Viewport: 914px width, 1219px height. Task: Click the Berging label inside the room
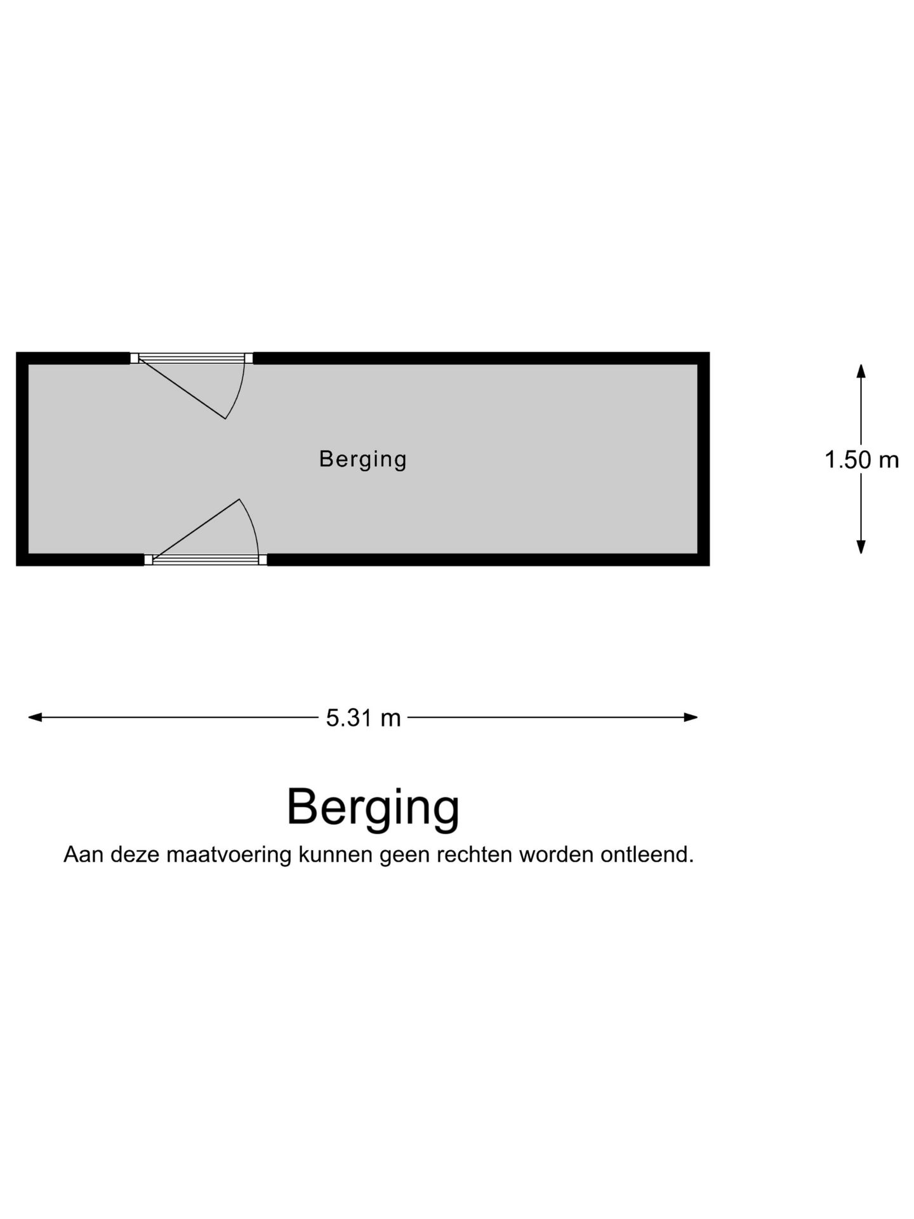pos(362,459)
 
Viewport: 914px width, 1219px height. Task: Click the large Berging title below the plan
pos(373,807)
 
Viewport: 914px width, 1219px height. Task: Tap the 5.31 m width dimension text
pos(363,718)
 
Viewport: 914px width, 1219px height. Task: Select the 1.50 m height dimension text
pos(861,460)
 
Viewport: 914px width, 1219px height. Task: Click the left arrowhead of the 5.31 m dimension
pos(35,717)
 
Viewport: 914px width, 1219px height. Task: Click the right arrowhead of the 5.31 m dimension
pos(691,717)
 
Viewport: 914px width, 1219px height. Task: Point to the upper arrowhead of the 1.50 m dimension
pos(861,371)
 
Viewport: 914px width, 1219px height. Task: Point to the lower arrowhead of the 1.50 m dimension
pos(861,547)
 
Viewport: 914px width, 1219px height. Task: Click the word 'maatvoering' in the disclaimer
pos(229,855)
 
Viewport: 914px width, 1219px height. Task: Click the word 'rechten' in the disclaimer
pos(474,855)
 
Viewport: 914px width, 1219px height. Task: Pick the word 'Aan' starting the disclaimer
pos(84,855)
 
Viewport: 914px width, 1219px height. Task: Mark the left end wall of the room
pos(22,459)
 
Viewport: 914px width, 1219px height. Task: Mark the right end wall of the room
pos(704,459)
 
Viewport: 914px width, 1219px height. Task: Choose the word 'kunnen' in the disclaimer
pos(335,855)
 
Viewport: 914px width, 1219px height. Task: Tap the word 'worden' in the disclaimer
pos(556,855)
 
